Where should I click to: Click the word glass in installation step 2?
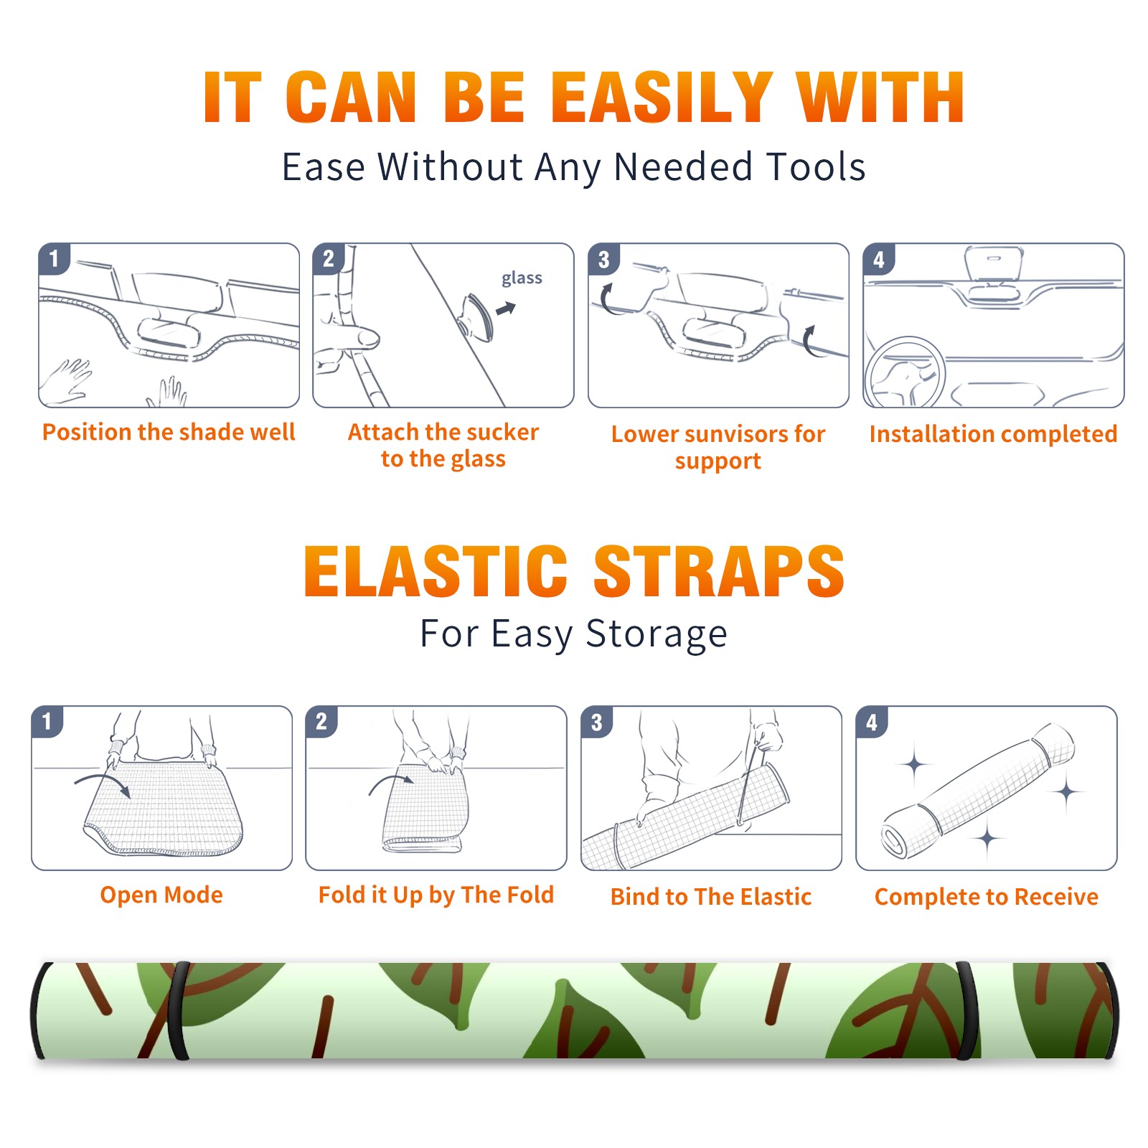coord(522,278)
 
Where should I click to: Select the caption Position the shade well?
coord(169,432)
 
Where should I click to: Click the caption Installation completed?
coord(993,433)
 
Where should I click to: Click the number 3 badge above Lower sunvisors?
coord(603,260)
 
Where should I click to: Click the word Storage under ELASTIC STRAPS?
coord(657,634)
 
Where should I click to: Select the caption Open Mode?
coord(161,895)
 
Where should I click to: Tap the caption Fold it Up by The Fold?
coord(436,895)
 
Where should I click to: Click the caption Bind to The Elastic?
coord(711,897)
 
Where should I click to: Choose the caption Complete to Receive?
coord(987,897)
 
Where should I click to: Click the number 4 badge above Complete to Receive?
coord(872,723)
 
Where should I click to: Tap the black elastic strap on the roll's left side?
coord(178,1010)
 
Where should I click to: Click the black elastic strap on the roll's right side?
coord(968,1010)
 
